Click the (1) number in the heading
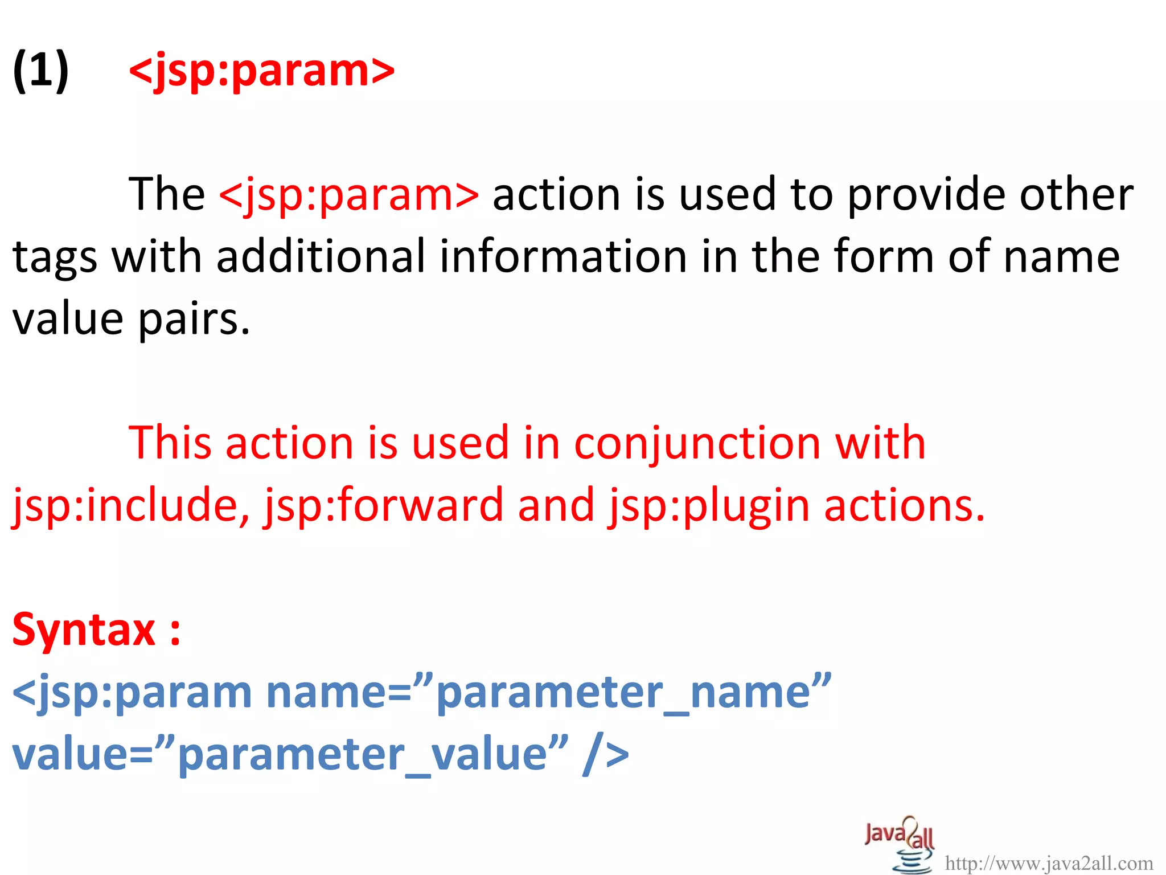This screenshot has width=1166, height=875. coord(40,71)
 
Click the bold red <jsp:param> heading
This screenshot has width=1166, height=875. coord(261,71)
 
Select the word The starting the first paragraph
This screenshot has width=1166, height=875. coord(167,194)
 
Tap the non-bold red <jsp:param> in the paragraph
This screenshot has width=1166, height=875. coord(349,194)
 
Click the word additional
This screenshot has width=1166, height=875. coord(321,256)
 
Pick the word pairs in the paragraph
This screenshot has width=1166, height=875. coord(194,319)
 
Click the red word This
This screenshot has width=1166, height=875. coord(170,443)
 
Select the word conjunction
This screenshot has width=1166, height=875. coord(697,443)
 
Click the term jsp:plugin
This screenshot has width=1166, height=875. coord(709,505)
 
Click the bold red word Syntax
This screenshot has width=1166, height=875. coord(84,630)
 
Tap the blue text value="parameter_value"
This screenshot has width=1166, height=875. coord(290,755)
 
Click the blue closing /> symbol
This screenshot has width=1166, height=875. coord(606,755)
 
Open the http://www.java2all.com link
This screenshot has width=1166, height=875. coord(1049,864)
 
